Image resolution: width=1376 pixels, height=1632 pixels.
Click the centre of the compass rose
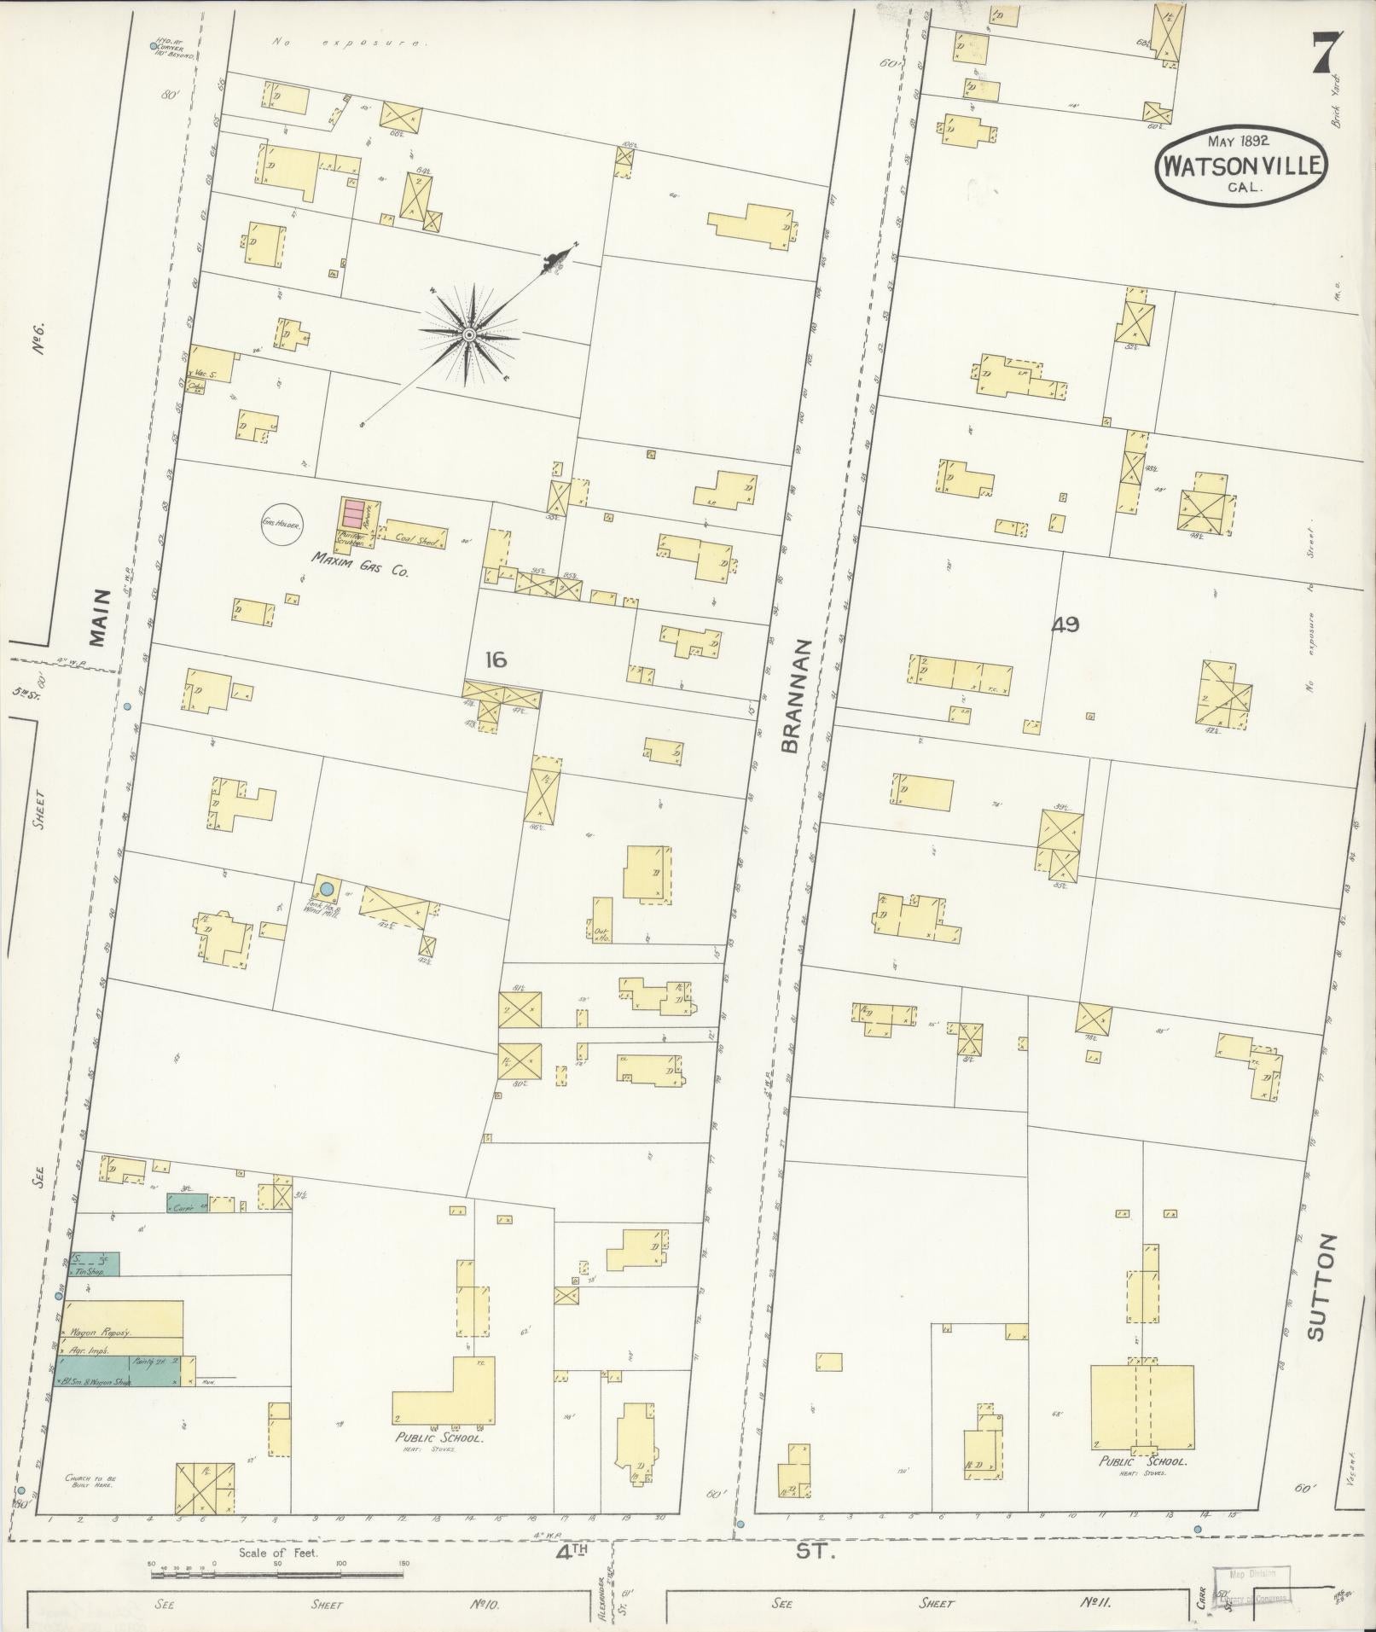tap(468, 335)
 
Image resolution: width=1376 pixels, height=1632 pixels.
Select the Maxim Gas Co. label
tap(359, 566)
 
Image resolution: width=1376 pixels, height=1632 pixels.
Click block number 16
tap(495, 659)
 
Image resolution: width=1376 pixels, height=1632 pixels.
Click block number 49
tap(1065, 624)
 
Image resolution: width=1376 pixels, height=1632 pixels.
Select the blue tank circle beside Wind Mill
tap(326, 888)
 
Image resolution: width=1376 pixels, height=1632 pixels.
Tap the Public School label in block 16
tap(438, 1437)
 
